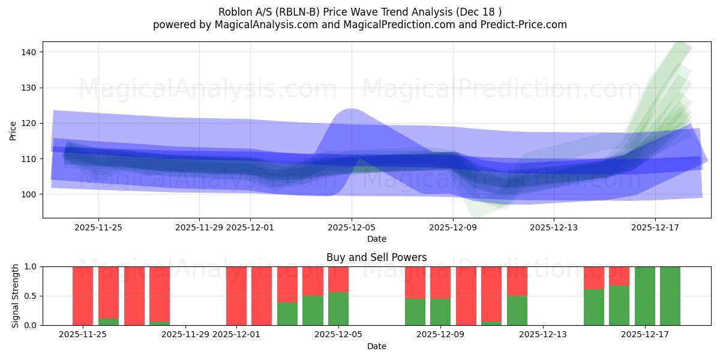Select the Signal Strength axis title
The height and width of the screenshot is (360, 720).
(x=16, y=296)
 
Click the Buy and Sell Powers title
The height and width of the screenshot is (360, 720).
(x=376, y=257)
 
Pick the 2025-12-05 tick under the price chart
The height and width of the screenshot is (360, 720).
(x=352, y=227)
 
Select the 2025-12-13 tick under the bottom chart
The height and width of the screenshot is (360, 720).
(x=542, y=334)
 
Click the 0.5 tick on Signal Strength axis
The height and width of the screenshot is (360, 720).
(x=31, y=296)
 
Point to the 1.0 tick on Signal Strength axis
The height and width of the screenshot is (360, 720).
(x=31, y=266)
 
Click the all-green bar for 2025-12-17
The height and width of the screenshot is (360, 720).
(x=645, y=296)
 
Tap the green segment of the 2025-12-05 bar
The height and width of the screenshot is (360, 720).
(x=338, y=308)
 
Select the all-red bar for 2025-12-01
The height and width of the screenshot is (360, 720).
(x=236, y=296)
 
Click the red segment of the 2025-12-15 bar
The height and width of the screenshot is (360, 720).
(x=594, y=277)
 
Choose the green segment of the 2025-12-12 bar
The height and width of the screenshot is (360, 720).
(x=517, y=310)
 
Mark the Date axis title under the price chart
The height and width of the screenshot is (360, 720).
(x=376, y=239)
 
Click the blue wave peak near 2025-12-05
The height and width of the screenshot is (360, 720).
(x=350, y=112)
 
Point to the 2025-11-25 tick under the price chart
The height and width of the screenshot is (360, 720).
(x=98, y=227)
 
